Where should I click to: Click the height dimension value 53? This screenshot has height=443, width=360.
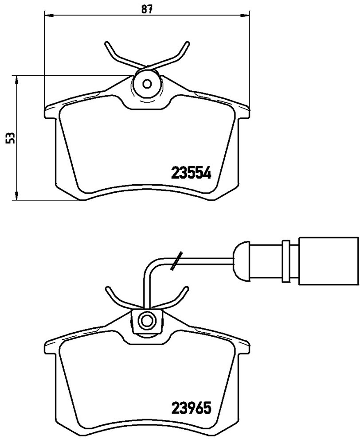coord(11,138)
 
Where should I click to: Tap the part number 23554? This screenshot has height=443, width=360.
coord(192,173)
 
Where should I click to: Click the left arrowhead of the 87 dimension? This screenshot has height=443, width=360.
coord(49,15)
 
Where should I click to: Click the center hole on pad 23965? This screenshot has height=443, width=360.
coord(147,320)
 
